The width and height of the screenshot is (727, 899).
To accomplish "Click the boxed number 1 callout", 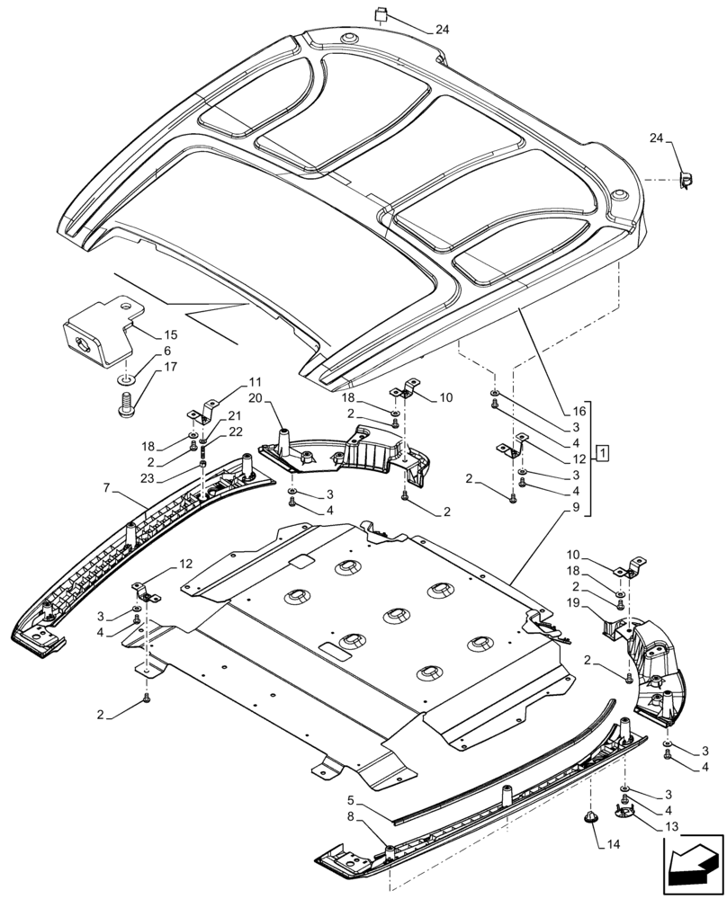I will click(x=601, y=450).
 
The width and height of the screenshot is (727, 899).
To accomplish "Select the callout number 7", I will click(x=107, y=488).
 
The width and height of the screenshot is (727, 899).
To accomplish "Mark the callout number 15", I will click(x=172, y=334).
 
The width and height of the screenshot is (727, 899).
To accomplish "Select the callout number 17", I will click(x=170, y=367).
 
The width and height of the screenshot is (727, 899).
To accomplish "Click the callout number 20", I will click(x=255, y=398).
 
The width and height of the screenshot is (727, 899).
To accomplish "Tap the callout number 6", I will click(x=166, y=351).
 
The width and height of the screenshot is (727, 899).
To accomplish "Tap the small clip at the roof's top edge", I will click(x=381, y=13).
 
